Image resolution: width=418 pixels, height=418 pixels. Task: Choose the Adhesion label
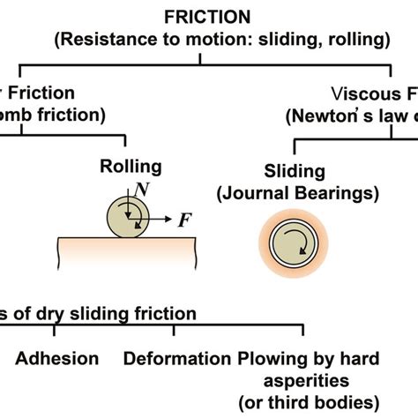56,358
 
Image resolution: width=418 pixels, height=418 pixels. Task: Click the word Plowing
271,358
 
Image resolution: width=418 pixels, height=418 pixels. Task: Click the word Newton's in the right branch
332,116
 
